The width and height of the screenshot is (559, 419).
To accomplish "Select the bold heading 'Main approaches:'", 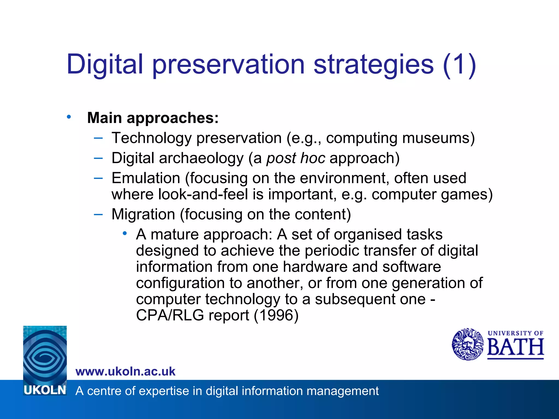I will tap(153, 118).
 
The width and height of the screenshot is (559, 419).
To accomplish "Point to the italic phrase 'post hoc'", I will tap(296, 158).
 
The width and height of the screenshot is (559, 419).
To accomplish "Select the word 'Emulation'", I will tap(146, 178).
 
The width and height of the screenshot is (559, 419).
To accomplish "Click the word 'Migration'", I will tap(143, 214).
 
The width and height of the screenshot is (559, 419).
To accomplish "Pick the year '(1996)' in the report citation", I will tap(276, 315).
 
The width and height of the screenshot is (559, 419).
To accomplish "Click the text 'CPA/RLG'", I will tap(170, 315).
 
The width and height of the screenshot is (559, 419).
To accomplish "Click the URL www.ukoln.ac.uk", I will tap(126, 372).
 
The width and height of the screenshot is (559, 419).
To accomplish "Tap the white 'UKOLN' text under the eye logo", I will tap(45, 390).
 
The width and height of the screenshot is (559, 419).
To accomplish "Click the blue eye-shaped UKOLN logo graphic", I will tap(45, 355).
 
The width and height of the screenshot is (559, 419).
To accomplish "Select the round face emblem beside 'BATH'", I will tap(468, 344).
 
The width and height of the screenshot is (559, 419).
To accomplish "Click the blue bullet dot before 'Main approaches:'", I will tap(69, 117).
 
